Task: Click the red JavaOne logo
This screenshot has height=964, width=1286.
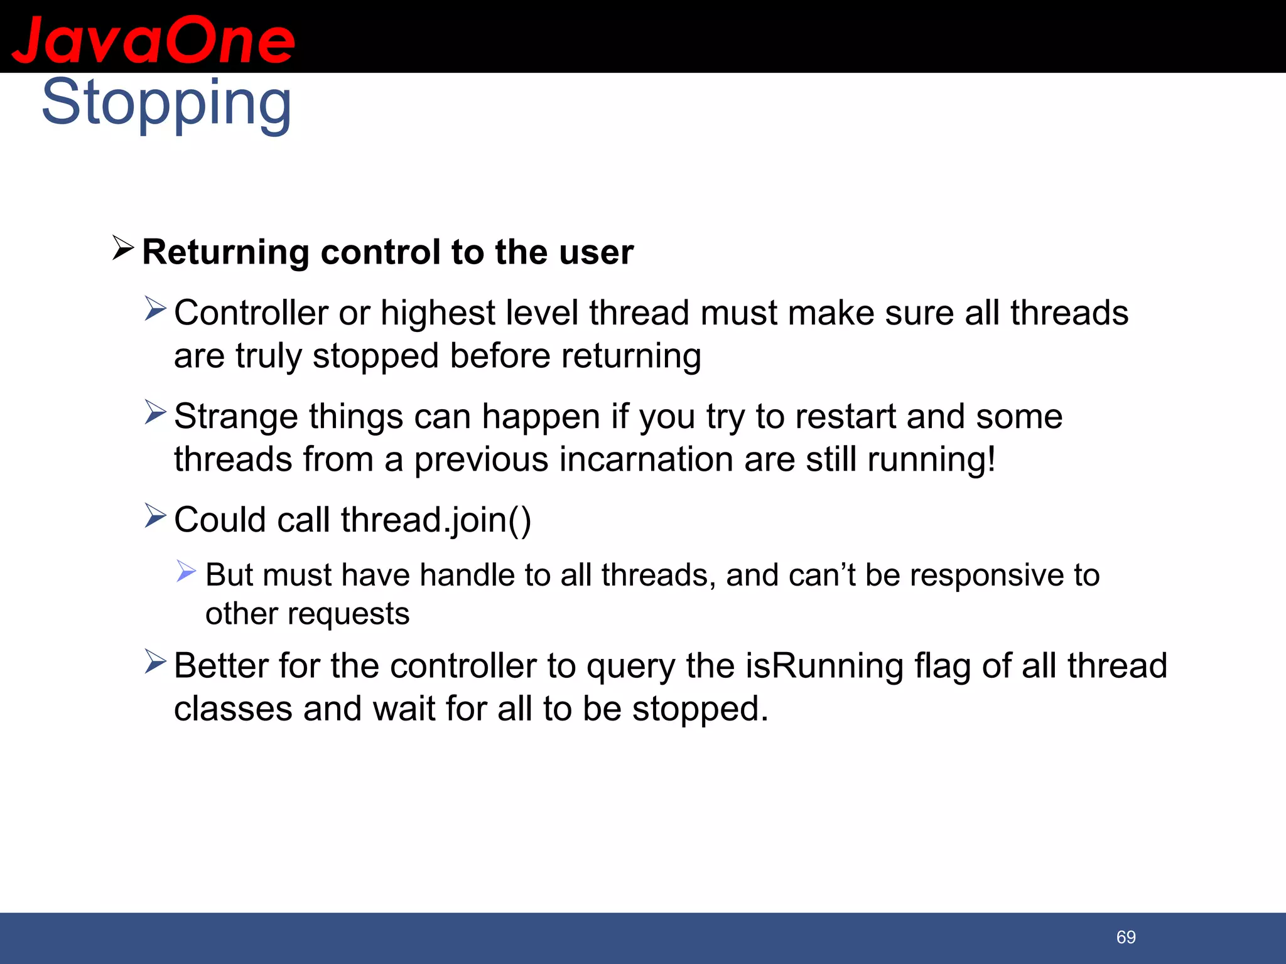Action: tap(153, 40)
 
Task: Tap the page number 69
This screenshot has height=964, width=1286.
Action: tap(1126, 937)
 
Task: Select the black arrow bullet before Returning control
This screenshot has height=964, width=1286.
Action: tap(123, 248)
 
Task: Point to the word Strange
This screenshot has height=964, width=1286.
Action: tap(235, 417)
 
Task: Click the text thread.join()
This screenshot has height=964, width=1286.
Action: tap(436, 520)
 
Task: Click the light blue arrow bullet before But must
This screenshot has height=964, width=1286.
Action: tap(186, 571)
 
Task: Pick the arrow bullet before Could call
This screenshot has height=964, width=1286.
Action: tap(155, 516)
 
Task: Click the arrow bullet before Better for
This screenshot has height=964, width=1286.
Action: tap(155, 661)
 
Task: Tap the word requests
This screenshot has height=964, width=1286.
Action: tap(349, 614)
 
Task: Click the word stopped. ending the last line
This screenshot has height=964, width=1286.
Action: tap(700, 709)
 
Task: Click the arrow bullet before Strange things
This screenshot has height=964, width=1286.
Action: tap(155, 412)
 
